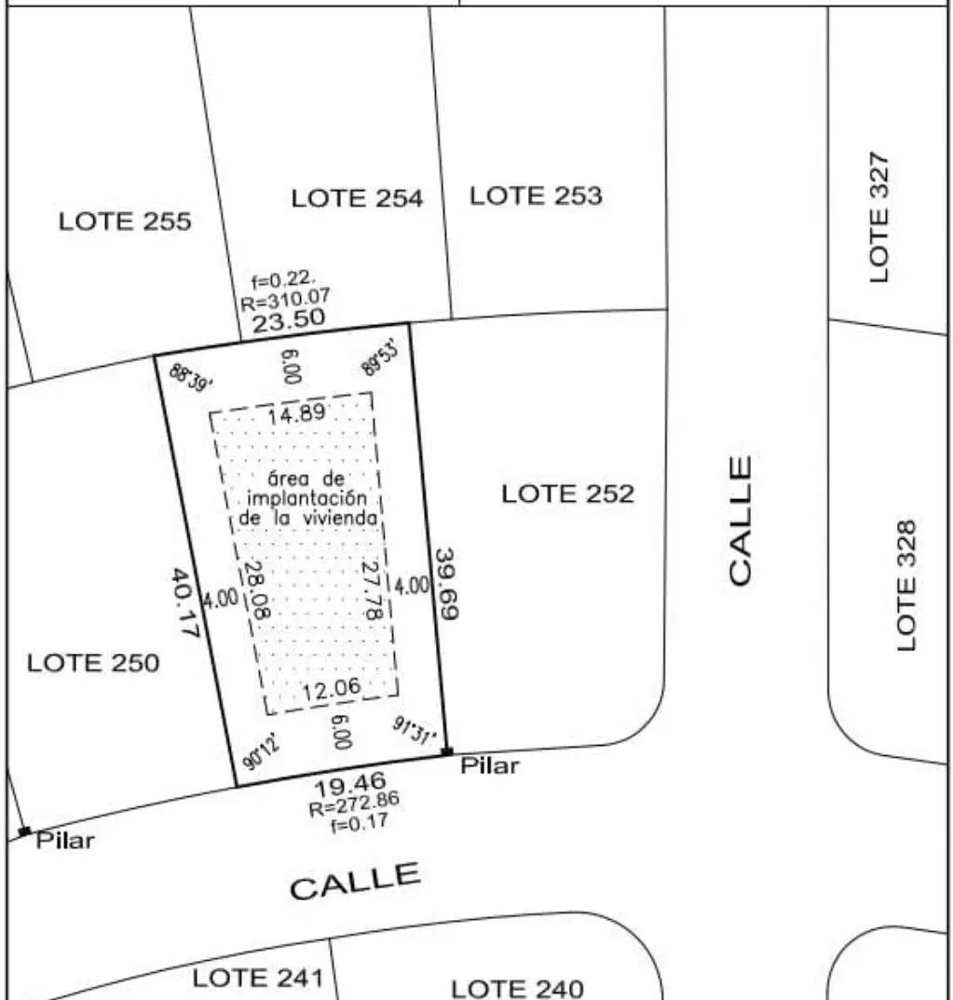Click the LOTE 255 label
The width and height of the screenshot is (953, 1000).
coord(125,222)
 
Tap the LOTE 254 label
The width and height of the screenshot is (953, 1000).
coord(357,198)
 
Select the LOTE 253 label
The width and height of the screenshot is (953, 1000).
coord(536,196)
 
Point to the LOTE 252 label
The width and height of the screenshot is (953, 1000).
coord(567,493)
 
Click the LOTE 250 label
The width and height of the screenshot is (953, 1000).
coord(93,663)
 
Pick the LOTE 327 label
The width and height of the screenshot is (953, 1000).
coord(879,217)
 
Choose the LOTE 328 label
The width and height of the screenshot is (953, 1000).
coord(906,586)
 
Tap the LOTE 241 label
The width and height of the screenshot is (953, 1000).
coord(258,978)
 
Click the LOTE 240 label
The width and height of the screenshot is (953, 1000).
coord(517,989)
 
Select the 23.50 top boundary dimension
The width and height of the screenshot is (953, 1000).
coord(289,319)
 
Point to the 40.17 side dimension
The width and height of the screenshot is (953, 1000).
coord(184,602)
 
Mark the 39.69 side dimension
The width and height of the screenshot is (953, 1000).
coord(447,583)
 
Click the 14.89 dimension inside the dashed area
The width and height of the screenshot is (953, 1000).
coord(296,414)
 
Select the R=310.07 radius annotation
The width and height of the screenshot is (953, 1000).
coord(285,298)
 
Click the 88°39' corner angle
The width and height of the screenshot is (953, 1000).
coord(191,378)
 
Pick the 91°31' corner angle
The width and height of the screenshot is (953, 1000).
coord(414,730)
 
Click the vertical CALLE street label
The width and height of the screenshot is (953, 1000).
coord(740,520)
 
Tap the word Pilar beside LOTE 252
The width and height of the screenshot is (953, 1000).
coord(490,765)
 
